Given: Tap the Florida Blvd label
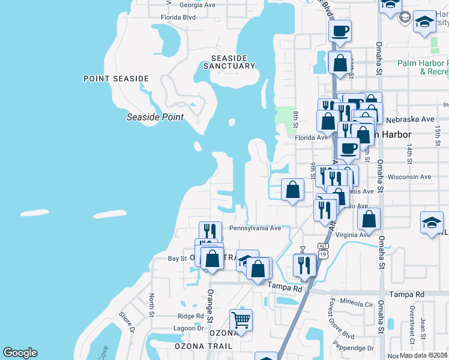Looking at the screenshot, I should point(178,17).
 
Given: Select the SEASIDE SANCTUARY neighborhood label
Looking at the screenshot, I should point(229,62).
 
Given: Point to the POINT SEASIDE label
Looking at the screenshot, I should point(116,79).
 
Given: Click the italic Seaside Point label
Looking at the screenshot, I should point(155,117).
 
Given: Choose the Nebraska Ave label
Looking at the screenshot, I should point(411,119).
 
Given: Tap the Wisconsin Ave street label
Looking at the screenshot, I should point(409,177).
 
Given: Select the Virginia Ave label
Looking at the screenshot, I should point(352,235).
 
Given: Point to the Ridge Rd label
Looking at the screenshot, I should point(191,316).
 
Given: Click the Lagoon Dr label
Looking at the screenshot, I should point(188,328).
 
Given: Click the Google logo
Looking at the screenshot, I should point(20,353).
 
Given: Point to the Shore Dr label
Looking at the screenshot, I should point(125,320).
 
